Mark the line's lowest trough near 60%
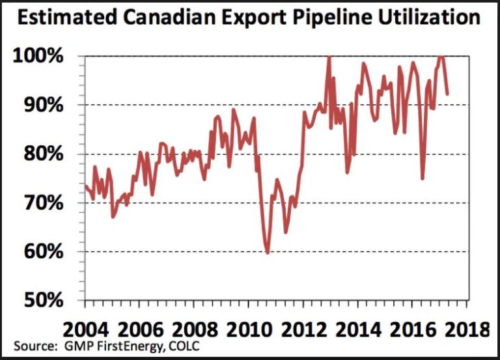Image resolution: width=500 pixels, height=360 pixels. pos(267,253)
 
